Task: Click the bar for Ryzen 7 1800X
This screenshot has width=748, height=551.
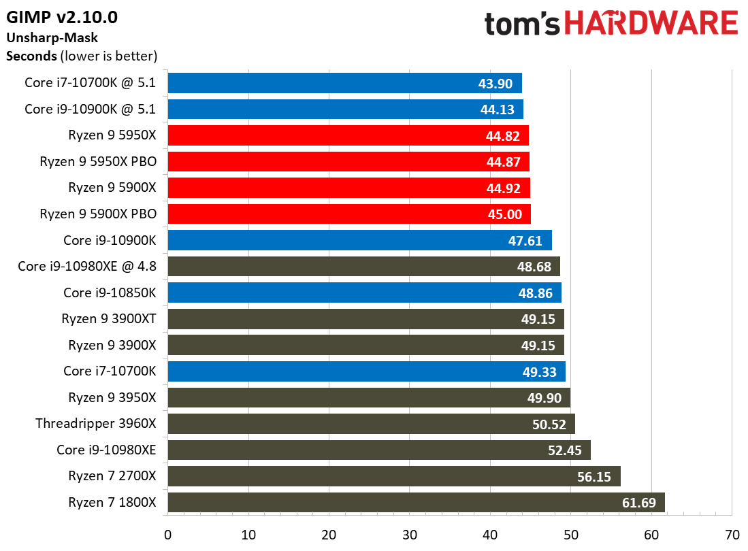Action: pyautogui.click(x=415, y=503)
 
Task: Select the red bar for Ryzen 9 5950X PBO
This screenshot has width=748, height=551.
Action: pyautogui.click(x=348, y=162)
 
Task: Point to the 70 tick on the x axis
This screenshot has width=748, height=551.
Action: pyautogui.click(x=732, y=534)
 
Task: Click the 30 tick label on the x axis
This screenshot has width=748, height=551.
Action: pyautogui.click(x=410, y=534)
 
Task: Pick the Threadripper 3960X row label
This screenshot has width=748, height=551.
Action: pyautogui.click(x=96, y=424)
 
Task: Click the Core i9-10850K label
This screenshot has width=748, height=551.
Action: pyautogui.click(x=110, y=293)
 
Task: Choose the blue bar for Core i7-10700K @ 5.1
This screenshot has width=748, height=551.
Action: pyautogui.click(x=344, y=83)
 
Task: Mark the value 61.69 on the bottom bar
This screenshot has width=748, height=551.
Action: pyautogui.click(x=642, y=503)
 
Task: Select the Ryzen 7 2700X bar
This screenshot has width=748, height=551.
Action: pyautogui.click(x=393, y=476)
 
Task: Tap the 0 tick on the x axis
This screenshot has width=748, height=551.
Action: pyautogui.click(x=167, y=534)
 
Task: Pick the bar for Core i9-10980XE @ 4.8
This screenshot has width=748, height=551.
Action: pyautogui.click(x=363, y=267)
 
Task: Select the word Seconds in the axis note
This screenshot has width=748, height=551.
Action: pyautogui.click(x=31, y=55)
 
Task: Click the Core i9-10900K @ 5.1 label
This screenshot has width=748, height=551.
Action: pyautogui.click(x=91, y=109)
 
